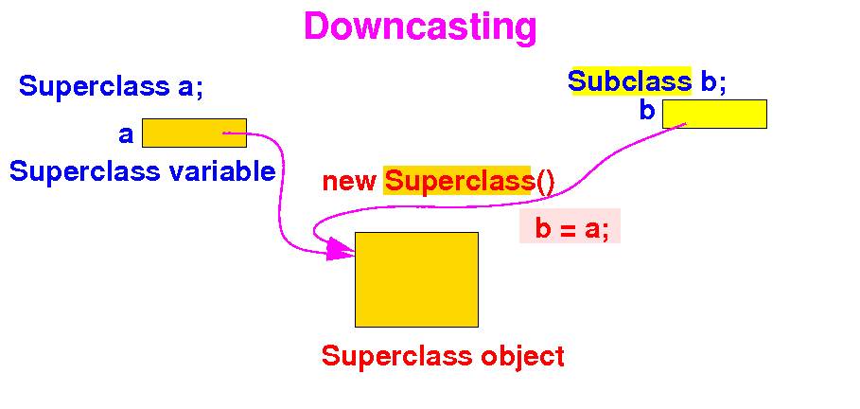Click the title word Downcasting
pyautogui.click(x=420, y=27)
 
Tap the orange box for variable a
pyautogui.click(x=194, y=133)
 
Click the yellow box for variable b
pyautogui.click(x=714, y=114)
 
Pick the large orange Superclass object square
pyautogui.click(x=416, y=279)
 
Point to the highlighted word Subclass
pyautogui.click(x=630, y=81)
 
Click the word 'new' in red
pyautogui.click(x=350, y=181)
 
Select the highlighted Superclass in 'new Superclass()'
pyautogui.click(x=459, y=181)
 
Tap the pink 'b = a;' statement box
pyautogui.click(x=570, y=227)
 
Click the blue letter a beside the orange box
pyautogui.click(x=126, y=134)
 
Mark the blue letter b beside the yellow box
pyautogui.click(x=647, y=112)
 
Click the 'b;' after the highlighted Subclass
pyautogui.click(x=713, y=81)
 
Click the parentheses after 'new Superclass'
pyautogui.click(x=545, y=181)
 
